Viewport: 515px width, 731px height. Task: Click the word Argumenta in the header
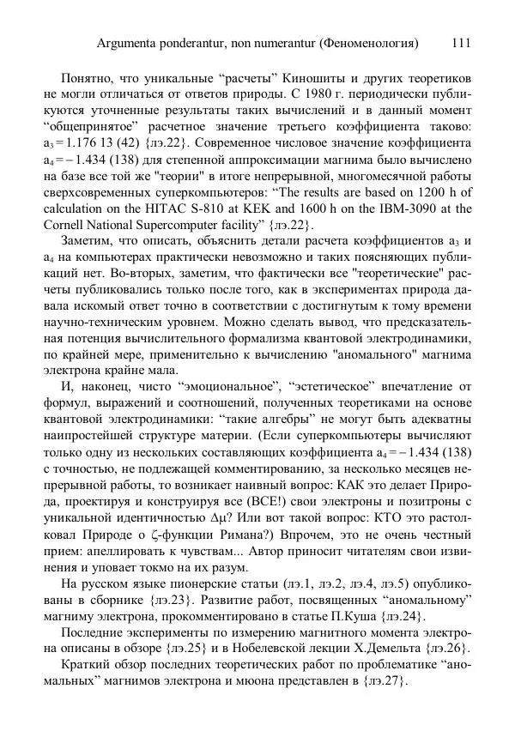coord(131,42)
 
